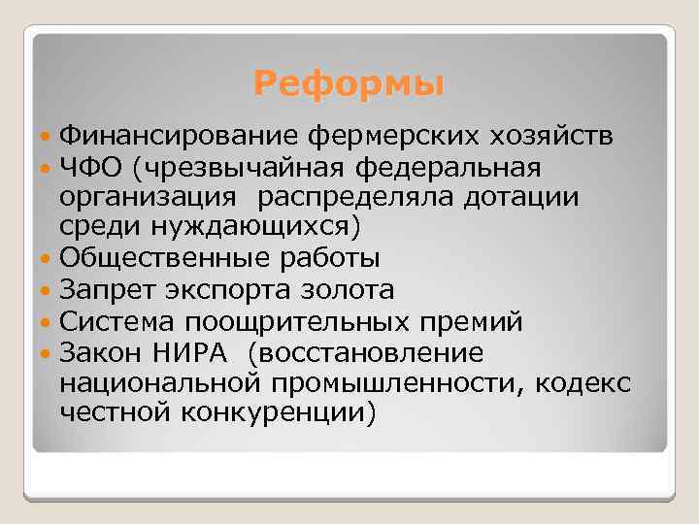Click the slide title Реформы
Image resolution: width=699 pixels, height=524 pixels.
click(x=349, y=85)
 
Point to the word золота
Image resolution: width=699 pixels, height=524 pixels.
click(x=343, y=290)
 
